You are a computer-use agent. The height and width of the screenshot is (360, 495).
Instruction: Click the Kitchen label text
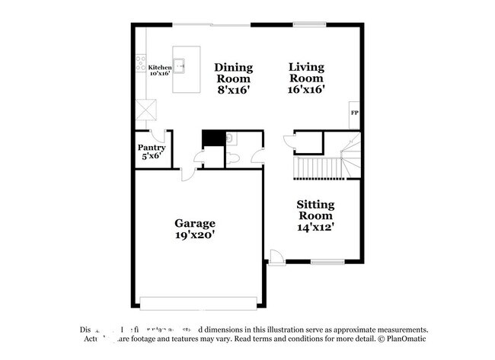coord(160,68)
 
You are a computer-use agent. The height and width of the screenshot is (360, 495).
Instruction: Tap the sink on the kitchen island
coord(181,66)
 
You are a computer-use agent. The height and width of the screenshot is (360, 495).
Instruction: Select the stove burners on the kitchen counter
coord(141,65)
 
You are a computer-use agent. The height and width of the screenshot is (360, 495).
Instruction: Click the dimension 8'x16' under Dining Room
coord(234,89)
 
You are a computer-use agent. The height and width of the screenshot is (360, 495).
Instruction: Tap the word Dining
coord(234,66)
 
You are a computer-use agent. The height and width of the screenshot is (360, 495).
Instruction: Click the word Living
coord(306,66)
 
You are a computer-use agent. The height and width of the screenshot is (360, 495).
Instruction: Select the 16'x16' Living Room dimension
coord(306,89)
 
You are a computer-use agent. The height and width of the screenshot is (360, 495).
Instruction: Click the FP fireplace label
coord(354,113)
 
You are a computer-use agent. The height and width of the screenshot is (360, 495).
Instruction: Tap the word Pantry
coord(152,147)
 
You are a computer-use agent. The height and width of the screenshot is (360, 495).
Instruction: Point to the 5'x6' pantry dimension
coord(152,156)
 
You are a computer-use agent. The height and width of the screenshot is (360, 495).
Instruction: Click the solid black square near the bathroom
coord(213,138)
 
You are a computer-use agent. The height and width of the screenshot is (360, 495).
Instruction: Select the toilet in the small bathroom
coord(234,158)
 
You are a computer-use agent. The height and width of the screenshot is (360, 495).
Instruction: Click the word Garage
coord(195,224)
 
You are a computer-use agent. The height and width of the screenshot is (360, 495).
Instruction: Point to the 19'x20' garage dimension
coord(195,235)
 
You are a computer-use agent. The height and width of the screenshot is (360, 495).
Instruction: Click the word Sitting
coord(315,204)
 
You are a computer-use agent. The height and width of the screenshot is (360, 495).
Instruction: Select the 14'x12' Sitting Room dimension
coord(315,226)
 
